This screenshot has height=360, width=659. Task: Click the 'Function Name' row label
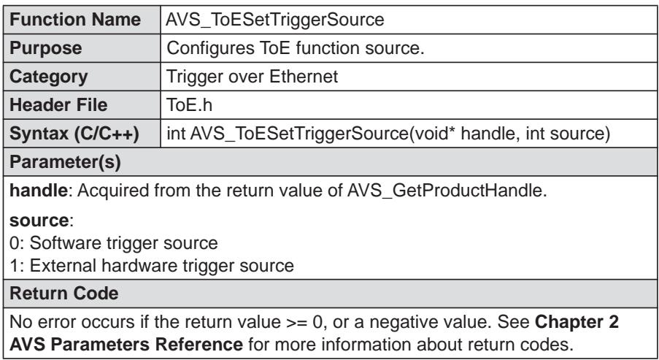(x=75, y=20)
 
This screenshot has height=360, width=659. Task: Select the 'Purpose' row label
(x=45, y=48)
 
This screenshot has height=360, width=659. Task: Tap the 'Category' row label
(x=48, y=77)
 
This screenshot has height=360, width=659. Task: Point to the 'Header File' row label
(x=58, y=105)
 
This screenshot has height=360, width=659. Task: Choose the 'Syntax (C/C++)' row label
(x=74, y=134)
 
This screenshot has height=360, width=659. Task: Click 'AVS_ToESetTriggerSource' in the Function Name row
(x=275, y=20)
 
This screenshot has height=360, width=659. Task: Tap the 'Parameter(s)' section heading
(x=65, y=162)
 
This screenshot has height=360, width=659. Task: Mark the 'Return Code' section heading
(x=64, y=294)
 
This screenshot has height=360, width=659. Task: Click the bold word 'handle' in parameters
(x=38, y=191)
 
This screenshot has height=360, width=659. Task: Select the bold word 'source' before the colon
(x=39, y=221)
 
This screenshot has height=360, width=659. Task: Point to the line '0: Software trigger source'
(x=113, y=243)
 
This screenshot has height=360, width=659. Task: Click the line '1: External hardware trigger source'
(x=152, y=266)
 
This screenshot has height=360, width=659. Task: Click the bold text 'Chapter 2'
(x=577, y=322)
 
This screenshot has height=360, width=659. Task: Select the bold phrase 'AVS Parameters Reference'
(x=126, y=345)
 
